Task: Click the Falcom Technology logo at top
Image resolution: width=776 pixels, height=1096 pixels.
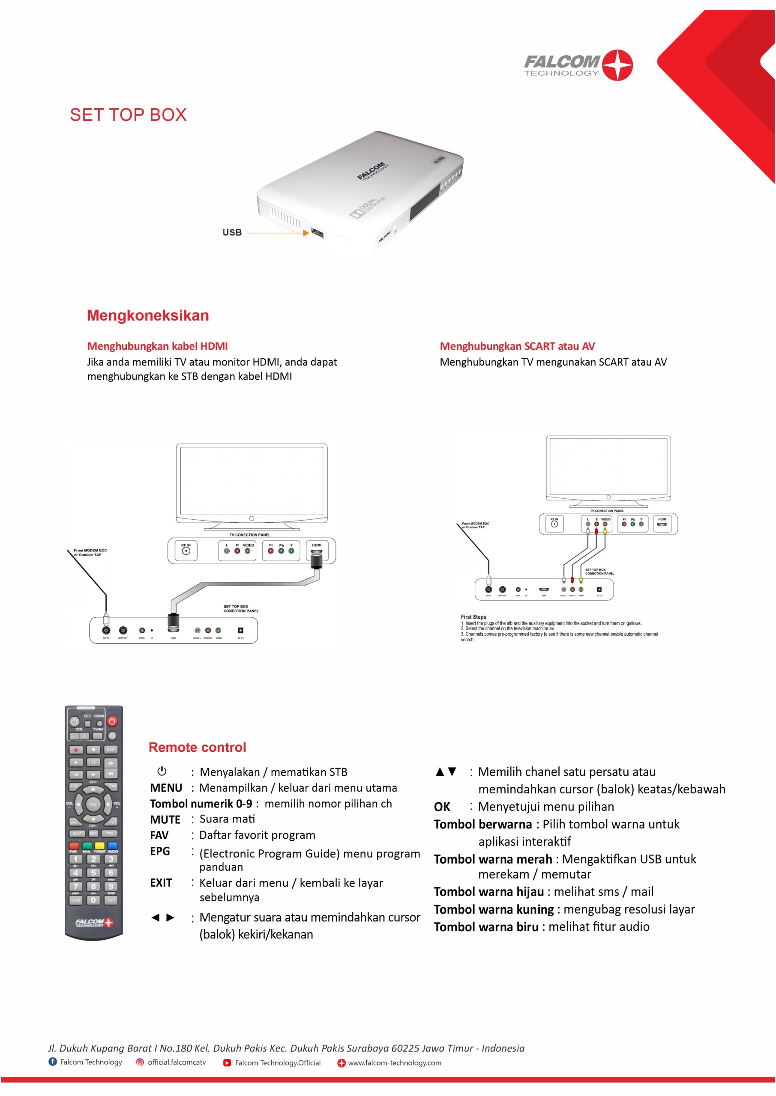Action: tap(578, 65)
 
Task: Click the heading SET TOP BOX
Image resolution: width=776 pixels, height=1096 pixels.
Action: tap(128, 115)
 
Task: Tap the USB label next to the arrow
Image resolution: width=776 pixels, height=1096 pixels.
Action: tap(232, 232)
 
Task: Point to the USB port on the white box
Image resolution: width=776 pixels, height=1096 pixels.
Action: tap(317, 233)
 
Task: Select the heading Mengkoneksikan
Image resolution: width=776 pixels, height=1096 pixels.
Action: tap(148, 316)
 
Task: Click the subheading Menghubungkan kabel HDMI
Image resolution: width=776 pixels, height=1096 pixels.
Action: tap(157, 346)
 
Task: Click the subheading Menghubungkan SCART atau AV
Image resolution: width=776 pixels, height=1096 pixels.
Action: tap(517, 346)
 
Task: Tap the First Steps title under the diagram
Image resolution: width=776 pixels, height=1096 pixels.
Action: tap(473, 617)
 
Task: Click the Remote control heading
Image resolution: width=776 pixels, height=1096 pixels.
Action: tap(198, 748)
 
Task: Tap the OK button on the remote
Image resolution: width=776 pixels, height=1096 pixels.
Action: tap(93, 804)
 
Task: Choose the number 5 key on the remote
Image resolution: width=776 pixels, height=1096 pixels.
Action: tap(93, 873)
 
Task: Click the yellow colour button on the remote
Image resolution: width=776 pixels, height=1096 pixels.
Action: tap(99, 846)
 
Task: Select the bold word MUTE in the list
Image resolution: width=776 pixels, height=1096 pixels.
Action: tap(165, 819)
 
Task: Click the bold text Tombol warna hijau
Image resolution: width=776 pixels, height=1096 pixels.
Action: tap(489, 892)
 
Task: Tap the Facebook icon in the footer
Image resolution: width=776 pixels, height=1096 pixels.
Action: tap(53, 1062)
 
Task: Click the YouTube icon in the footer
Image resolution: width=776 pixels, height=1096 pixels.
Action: tap(228, 1063)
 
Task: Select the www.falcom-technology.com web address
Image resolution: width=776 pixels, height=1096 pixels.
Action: tap(394, 1063)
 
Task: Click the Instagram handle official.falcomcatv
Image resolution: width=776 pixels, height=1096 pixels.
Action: tap(177, 1062)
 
